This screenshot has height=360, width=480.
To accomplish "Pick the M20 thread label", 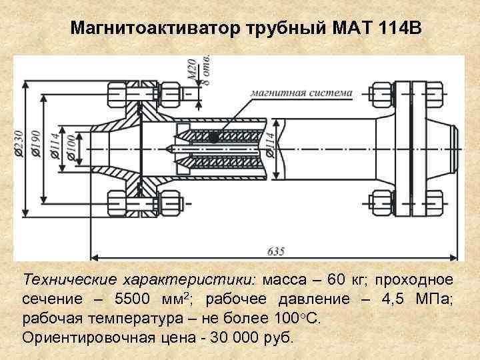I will point(192,69).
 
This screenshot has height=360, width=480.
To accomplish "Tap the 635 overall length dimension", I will point(275,251).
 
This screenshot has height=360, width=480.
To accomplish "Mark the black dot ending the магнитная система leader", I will point(213,137).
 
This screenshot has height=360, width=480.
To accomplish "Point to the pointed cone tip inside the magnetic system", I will point(169,148).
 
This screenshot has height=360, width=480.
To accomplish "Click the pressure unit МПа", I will point(434,298).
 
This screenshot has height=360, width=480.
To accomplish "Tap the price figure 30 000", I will point(237,337).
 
